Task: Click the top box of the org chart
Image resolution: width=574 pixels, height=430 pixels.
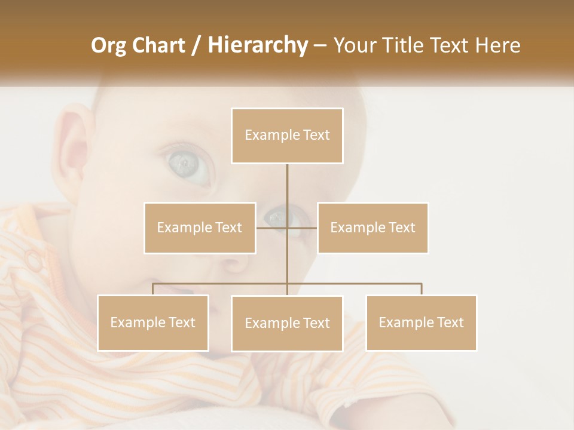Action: pos(287,136)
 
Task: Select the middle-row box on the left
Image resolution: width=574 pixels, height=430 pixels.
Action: pos(200,228)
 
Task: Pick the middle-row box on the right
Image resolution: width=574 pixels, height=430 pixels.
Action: pos(373,228)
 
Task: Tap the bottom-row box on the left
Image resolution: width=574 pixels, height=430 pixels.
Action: pos(153,322)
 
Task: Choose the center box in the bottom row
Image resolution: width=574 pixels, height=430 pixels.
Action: pos(287,323)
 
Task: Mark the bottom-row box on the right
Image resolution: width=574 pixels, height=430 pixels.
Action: pos(421,322)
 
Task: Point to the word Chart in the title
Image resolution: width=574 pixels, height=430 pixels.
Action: pos(160,45)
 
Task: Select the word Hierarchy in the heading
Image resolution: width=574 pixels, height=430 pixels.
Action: pos(257,45)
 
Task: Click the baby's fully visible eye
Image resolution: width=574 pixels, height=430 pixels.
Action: pos(188,164)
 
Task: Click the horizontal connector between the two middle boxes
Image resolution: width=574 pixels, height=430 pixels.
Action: pos(287,228)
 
